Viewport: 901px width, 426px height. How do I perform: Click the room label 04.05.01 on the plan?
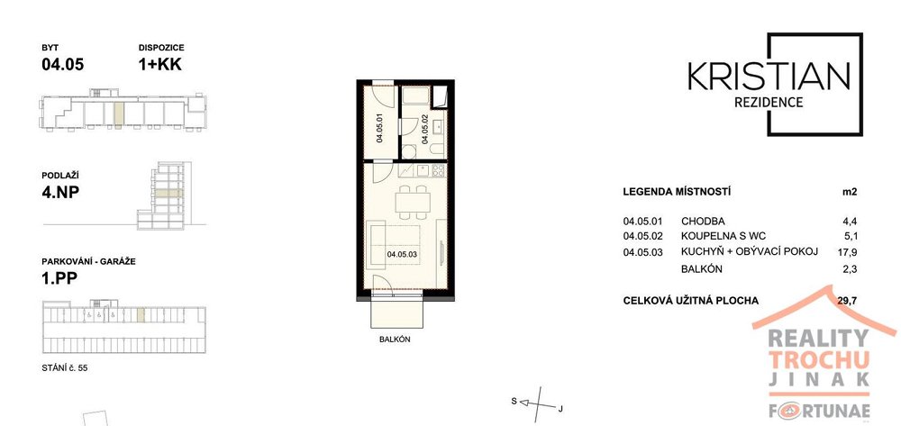click(379, 128)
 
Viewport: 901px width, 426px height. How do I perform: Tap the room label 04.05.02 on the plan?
click(425, 128)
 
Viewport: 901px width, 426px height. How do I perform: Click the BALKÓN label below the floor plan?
click(395, 340)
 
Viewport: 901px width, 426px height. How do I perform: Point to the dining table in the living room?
click(413, 202)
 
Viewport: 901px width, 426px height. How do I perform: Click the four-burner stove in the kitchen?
click(439, 170)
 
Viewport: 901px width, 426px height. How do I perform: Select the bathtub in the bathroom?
click(415, 95)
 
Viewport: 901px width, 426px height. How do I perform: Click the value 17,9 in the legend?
click(849, 251)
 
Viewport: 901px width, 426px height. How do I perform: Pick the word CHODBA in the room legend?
click(703, 221)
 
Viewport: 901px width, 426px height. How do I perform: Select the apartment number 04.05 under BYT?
click(63, 64)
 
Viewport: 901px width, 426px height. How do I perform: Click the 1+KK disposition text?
click(159, 64)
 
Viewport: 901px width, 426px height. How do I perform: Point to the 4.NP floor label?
click(60, 191)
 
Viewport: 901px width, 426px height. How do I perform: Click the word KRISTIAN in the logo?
click(769, 77)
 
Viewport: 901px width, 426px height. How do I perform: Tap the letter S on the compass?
click(514, 402)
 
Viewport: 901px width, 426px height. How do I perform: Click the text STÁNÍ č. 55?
click(65, 368)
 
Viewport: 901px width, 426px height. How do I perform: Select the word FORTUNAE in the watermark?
click(819, 411)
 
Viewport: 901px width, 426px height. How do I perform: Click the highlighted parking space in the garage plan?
click(141, 314)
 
